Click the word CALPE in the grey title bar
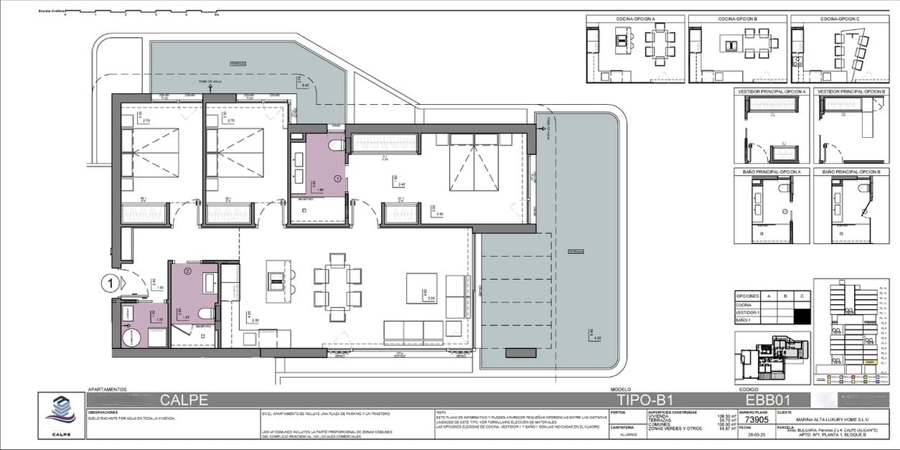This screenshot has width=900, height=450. coord(184,399)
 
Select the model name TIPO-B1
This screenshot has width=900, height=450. coord(644,399)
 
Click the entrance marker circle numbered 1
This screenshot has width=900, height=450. coord(110,283)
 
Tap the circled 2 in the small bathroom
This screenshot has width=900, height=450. coord(187,271)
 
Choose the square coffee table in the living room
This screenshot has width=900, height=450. coord(421,287)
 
